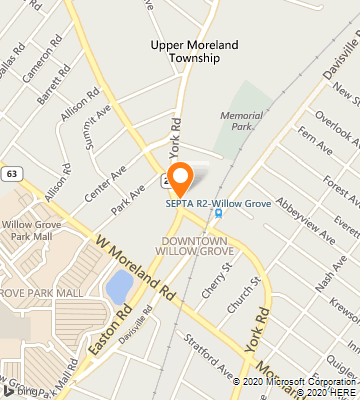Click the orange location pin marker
click(180, 180)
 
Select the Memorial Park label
click(240, 121)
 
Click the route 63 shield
click(12, 173)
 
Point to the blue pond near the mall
click(119, 288)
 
